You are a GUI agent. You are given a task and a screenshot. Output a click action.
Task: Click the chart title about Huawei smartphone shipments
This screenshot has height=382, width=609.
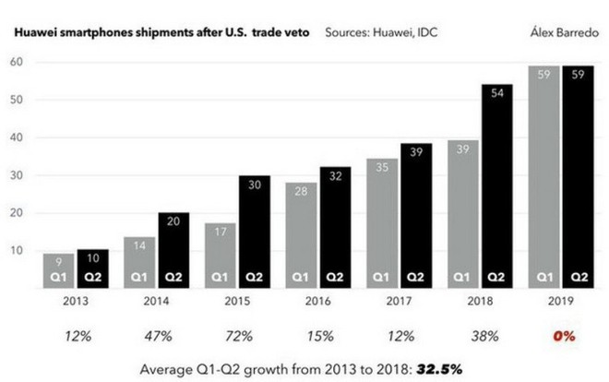[x=160, y=31]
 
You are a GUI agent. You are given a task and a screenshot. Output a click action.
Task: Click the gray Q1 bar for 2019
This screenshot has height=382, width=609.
[x=544, y=175]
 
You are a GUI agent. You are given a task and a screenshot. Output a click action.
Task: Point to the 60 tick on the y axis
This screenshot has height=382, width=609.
[x=17, y=63]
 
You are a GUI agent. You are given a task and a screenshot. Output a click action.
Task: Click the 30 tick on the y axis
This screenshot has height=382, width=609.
[x=17, y=175]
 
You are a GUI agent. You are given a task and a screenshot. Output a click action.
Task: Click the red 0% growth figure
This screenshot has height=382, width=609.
[x=564, y=336]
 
